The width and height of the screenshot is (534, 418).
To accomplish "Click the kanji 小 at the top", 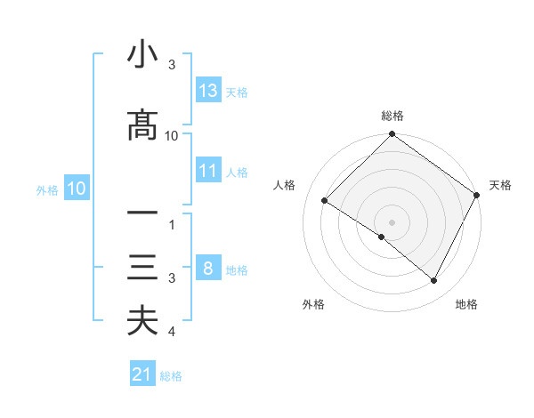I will point(142,55).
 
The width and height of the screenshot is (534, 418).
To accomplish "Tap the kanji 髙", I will point(142,125).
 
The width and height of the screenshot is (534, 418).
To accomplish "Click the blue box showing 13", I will point(208,90).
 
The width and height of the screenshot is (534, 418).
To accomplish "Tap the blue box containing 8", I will point(208,268).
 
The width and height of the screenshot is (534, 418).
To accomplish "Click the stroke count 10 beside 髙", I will point(172,135).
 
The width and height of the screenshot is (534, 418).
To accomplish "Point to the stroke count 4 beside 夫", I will point(172,332).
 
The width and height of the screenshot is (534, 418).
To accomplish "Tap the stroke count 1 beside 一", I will point(172,225).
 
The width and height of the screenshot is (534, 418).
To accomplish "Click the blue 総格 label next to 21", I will point(171,375).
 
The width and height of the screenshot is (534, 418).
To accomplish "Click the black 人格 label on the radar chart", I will point(285,185).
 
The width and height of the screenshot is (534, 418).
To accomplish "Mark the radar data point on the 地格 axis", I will point(434,281).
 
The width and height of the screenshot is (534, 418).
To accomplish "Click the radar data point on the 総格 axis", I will point(392,134).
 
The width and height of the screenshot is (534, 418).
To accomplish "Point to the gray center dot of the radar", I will point(392,221).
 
